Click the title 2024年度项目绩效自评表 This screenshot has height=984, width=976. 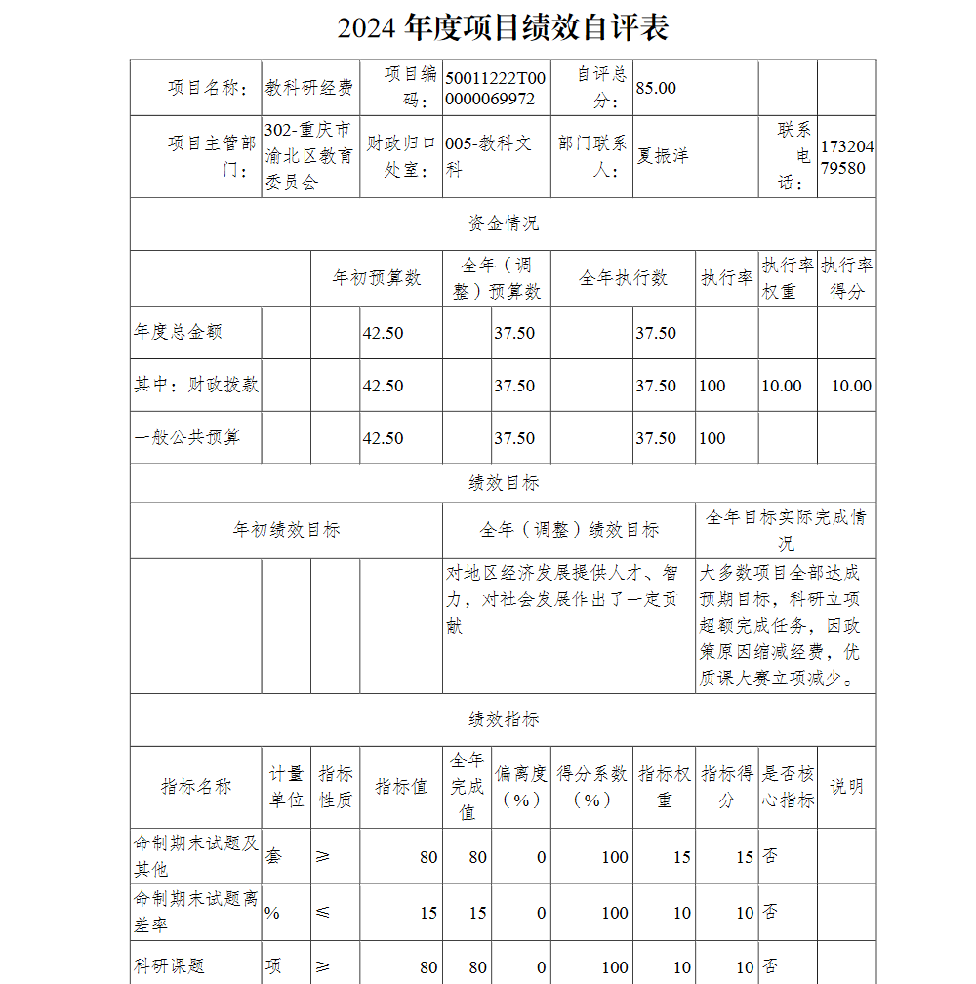click(x=503, y=28)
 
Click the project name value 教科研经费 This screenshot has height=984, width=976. click(x=309, y=88)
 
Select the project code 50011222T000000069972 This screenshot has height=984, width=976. click(x=495, y=88)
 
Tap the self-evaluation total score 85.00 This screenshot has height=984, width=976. click(x=656, y=88)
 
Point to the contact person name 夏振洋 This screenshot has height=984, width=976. click(x=663, y=156)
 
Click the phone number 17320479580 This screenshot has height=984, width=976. click(x=846, y=156)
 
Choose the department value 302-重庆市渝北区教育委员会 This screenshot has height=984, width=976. click(x=309, y=156)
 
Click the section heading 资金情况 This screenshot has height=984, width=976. click(x=503, y=224)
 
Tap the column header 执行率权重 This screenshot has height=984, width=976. click(x=788, y=278)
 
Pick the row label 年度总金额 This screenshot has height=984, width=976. click(x=178, y=332)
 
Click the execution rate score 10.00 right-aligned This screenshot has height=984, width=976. click(x=850, y=386)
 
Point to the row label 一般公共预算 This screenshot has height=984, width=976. click(x=186, y=438)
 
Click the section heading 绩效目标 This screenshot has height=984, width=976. click(x=503, y=483)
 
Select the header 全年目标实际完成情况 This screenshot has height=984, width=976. click(x=785, y=530)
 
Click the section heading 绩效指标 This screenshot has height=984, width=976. click(x=503, y=719)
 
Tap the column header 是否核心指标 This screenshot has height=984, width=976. click(x=788, y=787)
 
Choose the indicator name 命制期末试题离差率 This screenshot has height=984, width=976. click(x=195, y=912)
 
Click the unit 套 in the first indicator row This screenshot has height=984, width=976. click(x=273, y=857)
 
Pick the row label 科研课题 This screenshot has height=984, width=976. click(x=170, y=966)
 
